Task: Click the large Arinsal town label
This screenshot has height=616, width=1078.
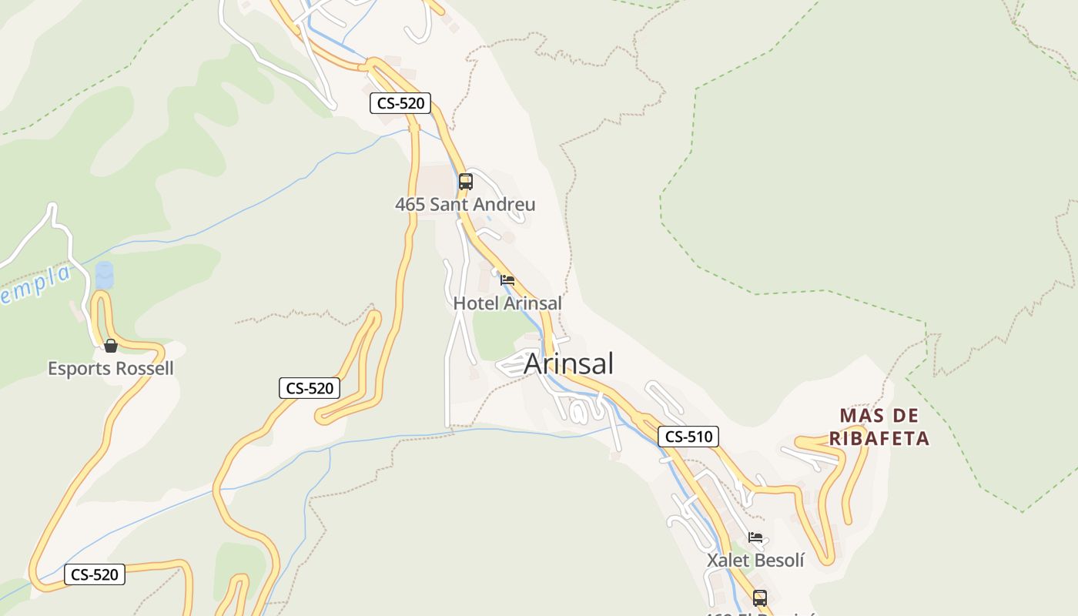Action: pos(568,363)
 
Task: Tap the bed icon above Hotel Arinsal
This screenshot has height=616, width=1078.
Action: pos(507,280)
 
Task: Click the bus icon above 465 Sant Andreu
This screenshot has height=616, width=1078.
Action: pos(465,182)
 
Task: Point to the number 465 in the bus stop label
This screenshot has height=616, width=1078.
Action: pos(410,205)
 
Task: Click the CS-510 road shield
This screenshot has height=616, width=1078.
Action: pos(688,437)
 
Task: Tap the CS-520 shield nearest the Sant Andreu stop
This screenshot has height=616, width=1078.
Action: pos(400,103)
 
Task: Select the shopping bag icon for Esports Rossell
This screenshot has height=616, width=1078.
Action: pos(111,346)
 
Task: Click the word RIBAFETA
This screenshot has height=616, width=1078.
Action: pos(879,439)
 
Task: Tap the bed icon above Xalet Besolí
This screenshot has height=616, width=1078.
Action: pos(755,537)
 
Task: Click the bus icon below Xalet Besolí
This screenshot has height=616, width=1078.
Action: pos(760,598)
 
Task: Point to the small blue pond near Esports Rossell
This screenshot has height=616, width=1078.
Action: pos(104,276)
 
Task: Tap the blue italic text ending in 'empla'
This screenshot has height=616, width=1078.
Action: pos(35,283)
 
